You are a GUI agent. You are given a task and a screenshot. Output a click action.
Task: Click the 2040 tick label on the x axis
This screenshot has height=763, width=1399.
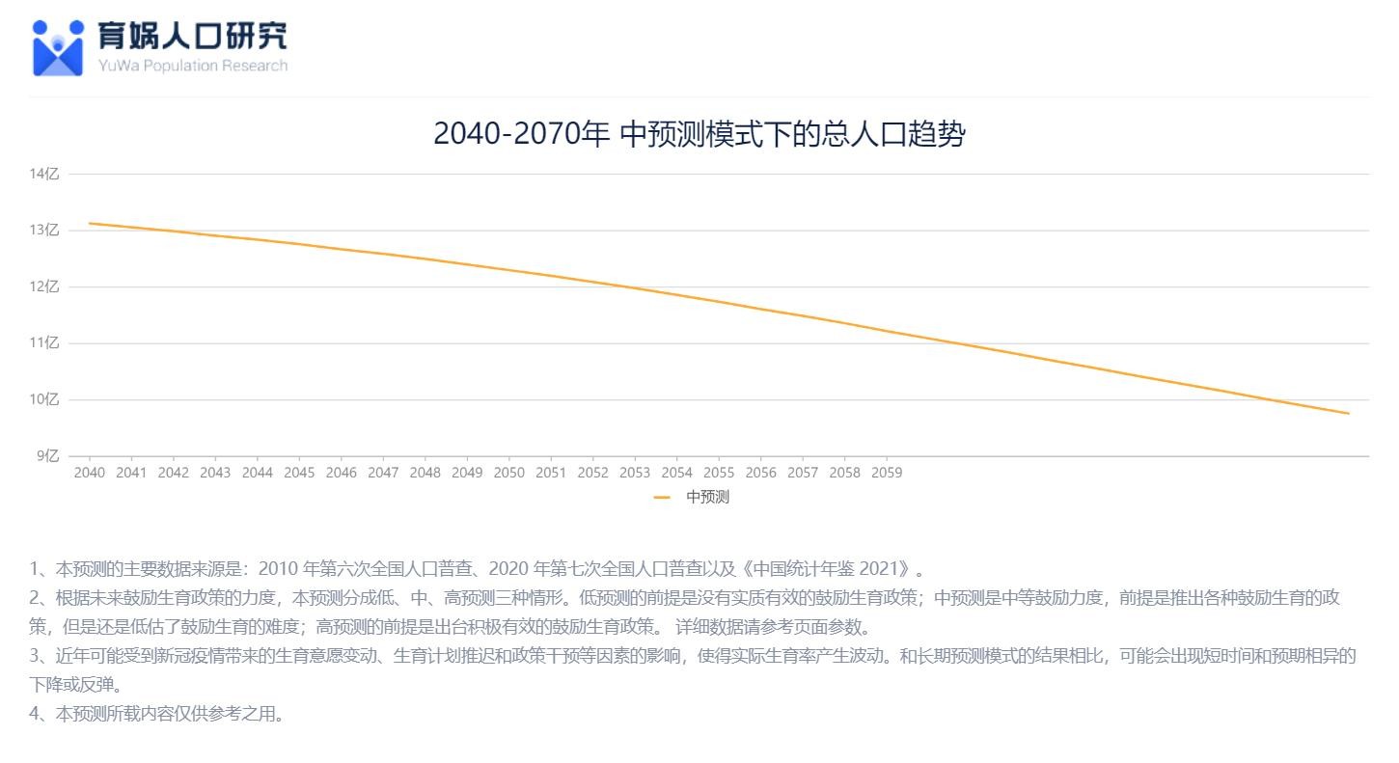(x=90, y=473)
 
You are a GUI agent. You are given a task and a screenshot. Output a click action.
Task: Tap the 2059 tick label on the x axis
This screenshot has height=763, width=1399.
(x=887, y=473)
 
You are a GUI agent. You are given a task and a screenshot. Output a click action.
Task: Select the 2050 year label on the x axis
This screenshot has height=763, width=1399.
(x=508, y=473)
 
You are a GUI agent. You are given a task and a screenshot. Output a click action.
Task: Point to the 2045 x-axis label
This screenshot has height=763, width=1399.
(x=299, y=473)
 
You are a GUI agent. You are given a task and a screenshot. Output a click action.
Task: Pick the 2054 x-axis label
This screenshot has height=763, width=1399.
(x=676, y=473)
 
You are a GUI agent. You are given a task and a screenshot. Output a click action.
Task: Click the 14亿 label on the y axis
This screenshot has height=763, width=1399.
(x=44, y=174)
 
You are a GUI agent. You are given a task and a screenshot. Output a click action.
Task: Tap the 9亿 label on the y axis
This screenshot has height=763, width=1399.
(x=47, y=455)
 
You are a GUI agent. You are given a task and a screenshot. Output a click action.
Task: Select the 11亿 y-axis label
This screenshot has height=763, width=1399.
(x=44, y=342)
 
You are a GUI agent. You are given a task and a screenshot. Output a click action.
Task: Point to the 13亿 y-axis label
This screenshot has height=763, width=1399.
(x=44, y=231)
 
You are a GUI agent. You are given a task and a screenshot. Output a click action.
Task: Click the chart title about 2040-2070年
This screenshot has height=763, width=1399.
(x=699, y=134)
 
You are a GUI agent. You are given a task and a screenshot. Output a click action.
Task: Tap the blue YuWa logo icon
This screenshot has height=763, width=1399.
(x=58, y=47)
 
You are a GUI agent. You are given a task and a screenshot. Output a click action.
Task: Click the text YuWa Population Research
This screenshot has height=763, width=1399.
(x=192, y=66)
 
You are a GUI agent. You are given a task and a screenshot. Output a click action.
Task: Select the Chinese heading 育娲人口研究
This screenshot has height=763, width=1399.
(x=192, y=36)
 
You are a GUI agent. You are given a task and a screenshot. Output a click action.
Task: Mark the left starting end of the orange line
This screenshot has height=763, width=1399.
(x=90, y=224)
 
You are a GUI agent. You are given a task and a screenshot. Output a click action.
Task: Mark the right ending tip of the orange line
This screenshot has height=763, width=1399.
(x=1348, y=414)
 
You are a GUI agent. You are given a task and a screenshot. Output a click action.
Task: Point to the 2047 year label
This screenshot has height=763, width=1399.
(x=383, y=473)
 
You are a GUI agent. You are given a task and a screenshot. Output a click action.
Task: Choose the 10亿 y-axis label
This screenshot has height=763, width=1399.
(x=44, y=399)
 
